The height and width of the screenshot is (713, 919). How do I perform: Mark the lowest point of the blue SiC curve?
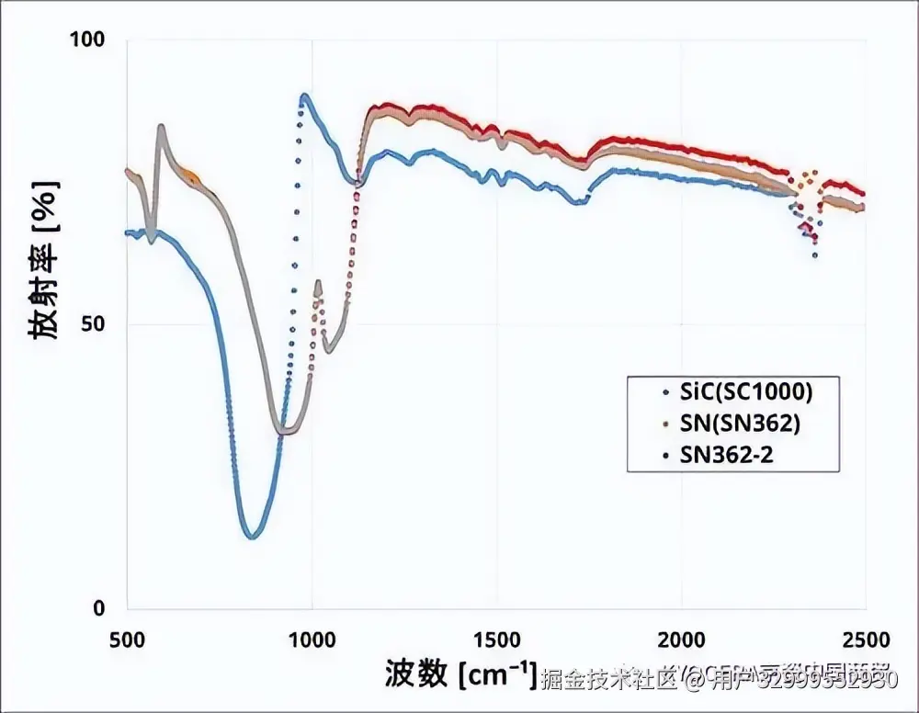coord(251,537)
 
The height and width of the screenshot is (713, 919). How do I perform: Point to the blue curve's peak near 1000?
coord(303,95)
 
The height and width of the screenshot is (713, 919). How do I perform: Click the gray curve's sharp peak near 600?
coord(161,126)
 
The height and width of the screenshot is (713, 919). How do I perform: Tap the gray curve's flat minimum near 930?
coord(287,431)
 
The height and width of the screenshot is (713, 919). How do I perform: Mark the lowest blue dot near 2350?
coord(814,255)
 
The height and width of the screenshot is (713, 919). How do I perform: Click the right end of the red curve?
coord(864,194)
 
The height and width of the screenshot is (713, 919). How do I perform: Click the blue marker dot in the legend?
coord(664,392)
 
